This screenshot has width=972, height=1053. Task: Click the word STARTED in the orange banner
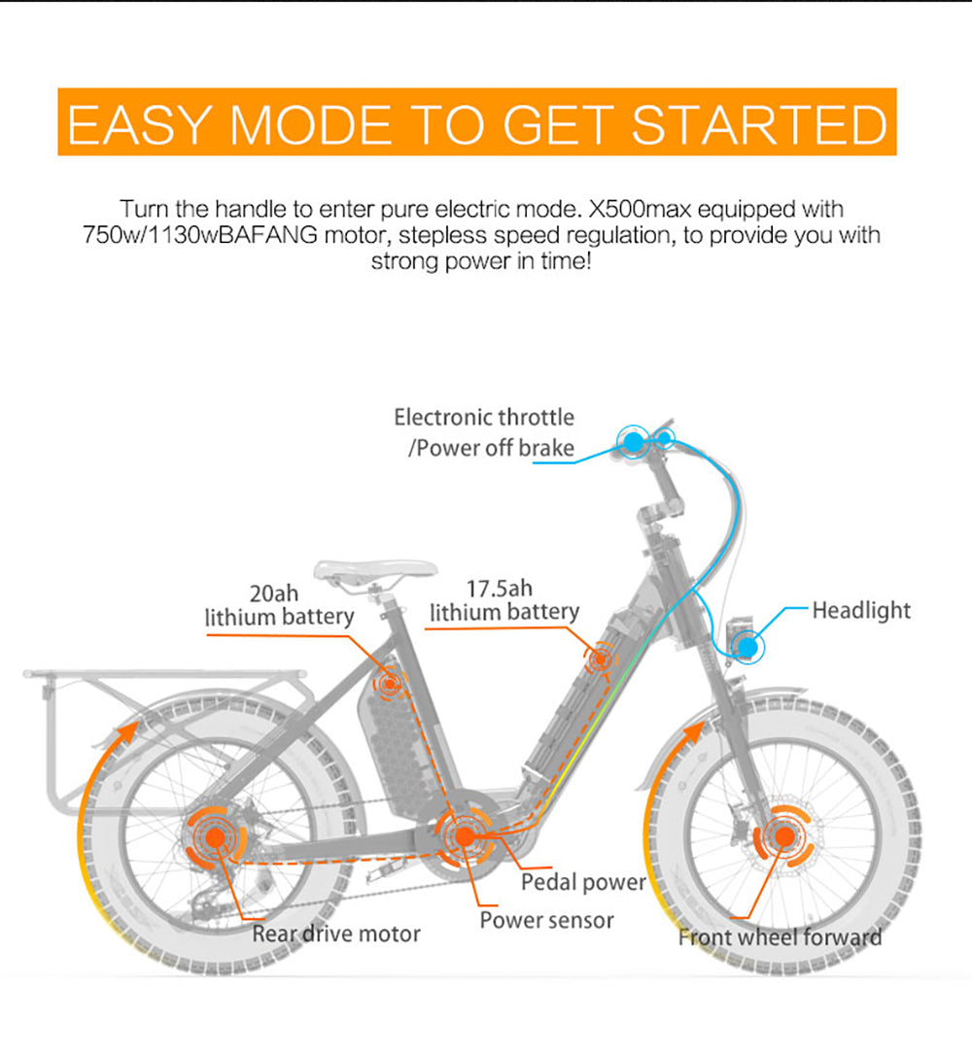point(759,124)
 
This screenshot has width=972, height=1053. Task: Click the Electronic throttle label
point(484,418)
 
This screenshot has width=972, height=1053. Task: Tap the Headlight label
point(861,611)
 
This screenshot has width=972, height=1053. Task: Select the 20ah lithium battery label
point(279,605)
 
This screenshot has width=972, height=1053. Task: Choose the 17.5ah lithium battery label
point(504,600)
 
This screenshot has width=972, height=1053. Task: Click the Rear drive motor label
point(336,934)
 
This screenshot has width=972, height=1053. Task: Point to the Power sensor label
point(546,920)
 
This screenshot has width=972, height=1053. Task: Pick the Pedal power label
point(583,882)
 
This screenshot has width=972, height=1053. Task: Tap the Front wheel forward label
point(781,937)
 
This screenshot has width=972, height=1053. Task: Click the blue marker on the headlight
point(746,646)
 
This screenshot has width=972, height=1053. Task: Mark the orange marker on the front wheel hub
point(780,835)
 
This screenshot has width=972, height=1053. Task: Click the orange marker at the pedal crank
point(465,835)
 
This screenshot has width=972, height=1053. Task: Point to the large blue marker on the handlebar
point(633,442)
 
